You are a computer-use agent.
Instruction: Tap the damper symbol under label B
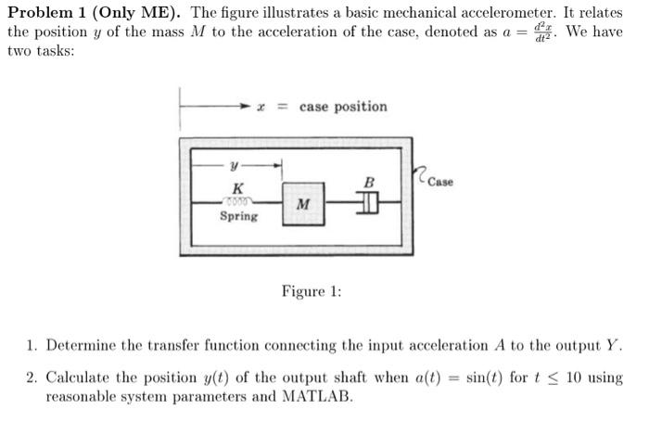pos(369,201)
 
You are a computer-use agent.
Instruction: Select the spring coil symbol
pos(238,200)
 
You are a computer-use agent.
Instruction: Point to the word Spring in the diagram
pos(238,216)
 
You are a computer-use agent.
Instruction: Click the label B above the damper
pos(369,183)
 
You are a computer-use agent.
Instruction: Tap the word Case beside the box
pos(441,182)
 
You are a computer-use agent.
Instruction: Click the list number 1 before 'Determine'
pos(32,346)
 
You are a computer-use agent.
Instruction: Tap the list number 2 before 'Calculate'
pos(32,377)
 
